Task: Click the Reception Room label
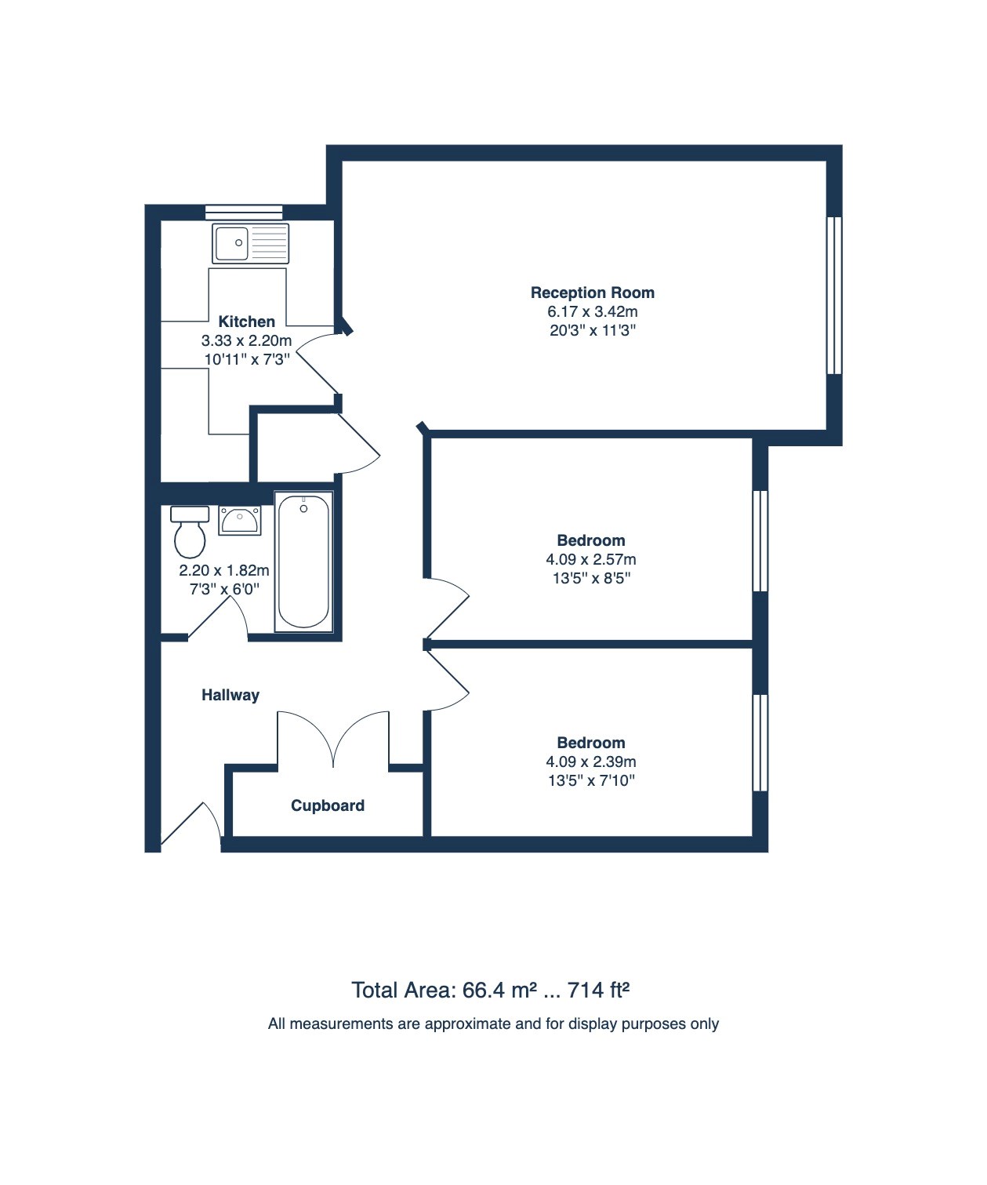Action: click(x=592, y=293)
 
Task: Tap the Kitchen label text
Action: click(x=246, y=322)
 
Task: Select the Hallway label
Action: click(x=230, y=695)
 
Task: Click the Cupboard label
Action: click(x=327, y=805)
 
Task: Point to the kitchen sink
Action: click(x=250, y=243)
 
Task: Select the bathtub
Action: click(x=303, y=562)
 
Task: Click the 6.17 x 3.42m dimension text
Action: click(x=592, y=311)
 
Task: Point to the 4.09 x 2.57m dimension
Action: click(x=590, y=559)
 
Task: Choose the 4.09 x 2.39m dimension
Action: click(x=590, y=762)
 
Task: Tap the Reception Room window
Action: click(x=834, y=295)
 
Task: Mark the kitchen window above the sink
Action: click(x=243, y=211)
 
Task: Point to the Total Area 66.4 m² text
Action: click(x=444, y=991)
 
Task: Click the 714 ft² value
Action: click(x=599, y=991)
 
